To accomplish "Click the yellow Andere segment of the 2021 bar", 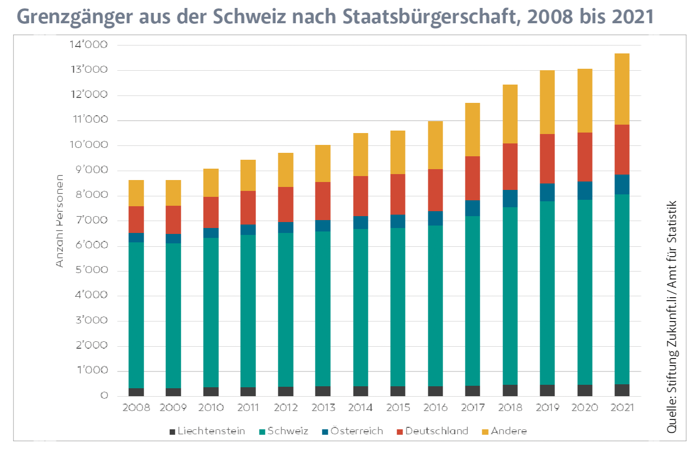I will click(x=622, y=89).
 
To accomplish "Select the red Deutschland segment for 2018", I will click(x=510, y=167).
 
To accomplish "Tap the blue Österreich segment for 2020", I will click(x=585, y=190).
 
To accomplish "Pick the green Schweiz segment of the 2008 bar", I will click(x=136, y=315).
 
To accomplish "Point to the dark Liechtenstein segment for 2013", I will click(x=323, y=391).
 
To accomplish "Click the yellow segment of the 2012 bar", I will click(x=286, y=170).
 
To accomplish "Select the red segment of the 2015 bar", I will click(x=398, y=194).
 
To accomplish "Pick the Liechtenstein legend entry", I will click(x=207, y=431).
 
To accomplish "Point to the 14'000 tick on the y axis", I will click(x=89, y=45).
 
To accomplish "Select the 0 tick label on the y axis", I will click(x=104, y=396).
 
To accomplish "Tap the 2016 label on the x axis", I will click(x=435, y=408).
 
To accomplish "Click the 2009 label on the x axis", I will click(x=173, y=408).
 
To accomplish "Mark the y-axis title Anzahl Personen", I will click(x=60, y=221).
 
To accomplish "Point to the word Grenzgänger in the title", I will click(x=75, y=17).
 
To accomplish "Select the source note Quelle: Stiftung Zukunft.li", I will click(x=672, y=317).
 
